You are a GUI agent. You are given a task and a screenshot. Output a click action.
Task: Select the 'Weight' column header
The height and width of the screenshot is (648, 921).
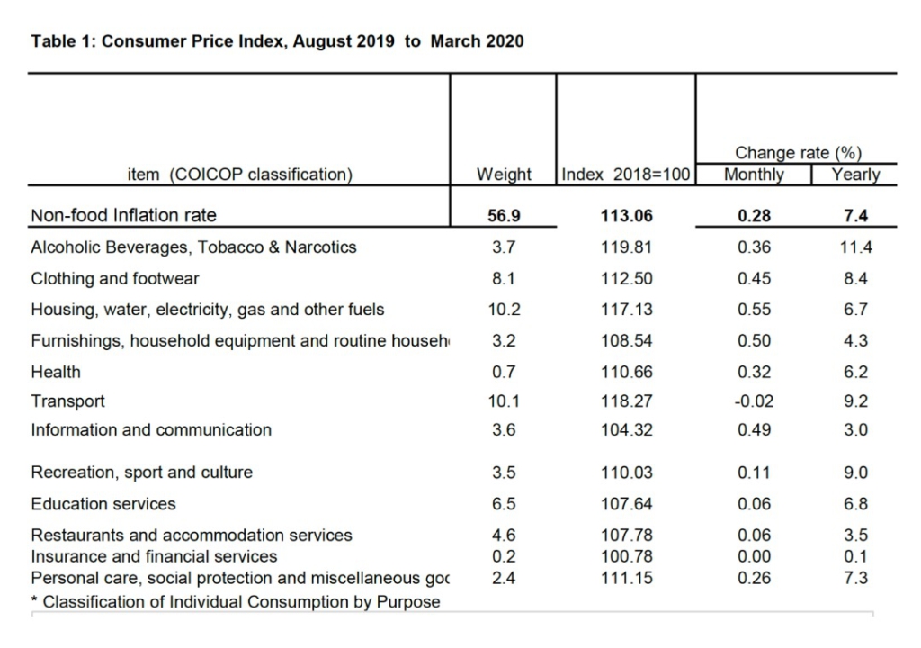[x=504, y=175]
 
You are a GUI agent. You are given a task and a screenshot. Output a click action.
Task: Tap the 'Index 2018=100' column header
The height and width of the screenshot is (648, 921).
[x=626, y=175]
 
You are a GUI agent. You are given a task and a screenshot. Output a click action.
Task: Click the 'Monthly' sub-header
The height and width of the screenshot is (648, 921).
[x=754, y=175]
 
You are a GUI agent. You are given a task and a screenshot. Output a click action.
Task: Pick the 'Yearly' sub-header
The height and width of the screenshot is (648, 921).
[x=855, y=175]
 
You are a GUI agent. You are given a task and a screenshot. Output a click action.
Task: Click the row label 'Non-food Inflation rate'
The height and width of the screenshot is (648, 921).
[x=123, y=215]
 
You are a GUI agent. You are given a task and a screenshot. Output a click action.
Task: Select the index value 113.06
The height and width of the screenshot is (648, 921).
[x=626, y=216]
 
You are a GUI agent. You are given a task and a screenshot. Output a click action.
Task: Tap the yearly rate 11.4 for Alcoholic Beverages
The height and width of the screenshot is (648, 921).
[x=855, y=247]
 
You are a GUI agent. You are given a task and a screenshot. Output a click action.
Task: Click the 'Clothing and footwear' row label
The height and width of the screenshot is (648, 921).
[x=115, y=278]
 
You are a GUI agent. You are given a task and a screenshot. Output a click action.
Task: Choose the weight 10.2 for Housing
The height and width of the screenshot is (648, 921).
[x=504, y=310]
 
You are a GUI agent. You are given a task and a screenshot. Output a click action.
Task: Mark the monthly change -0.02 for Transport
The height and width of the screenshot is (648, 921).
[x=754, y=401]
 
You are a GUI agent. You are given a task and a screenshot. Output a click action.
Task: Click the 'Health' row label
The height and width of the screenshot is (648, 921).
[x=56, y=372]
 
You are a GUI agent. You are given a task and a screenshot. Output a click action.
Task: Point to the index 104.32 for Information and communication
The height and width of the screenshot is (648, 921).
[x=626, y=430]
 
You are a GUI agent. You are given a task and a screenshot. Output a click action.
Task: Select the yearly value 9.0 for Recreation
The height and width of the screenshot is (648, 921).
[x=855, y=472]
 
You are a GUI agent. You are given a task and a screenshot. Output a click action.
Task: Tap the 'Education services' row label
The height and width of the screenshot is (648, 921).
[x=103, y=504]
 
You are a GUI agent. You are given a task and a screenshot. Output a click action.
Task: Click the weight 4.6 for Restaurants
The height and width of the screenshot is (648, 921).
[x=504, y=535]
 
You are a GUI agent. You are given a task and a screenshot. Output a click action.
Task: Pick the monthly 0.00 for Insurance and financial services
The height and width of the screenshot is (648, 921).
[x=754, y=556]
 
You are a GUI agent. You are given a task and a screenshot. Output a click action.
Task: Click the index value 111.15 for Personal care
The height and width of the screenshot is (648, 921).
[x=626, y=578]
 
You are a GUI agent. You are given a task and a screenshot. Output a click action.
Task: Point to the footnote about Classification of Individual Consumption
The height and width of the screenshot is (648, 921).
[x=236, y=601]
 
